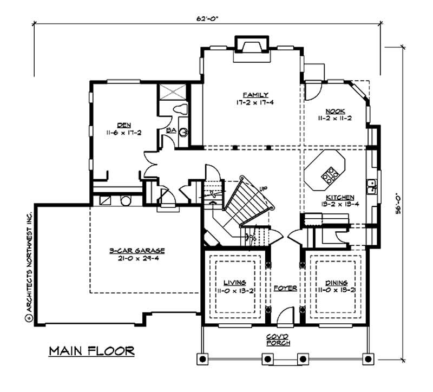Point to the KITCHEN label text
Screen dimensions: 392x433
(x=340, y=198)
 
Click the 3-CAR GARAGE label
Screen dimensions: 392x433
(x=136, y=251)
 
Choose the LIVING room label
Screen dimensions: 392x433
(x=235, y=282)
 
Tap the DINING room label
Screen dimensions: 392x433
(x=336, y=282)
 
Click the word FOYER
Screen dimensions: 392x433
(x=285, y=288)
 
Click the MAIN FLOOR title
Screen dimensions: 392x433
(x=91, y=351)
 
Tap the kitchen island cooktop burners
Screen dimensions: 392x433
(x=329, y=174)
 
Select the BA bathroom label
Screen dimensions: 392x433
(x=169, y=130)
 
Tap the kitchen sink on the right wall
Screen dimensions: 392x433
(x=372, y=186)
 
